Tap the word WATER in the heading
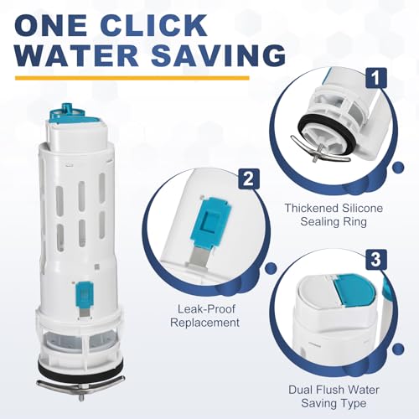76,55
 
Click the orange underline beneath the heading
132,78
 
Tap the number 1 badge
376,78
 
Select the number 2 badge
249,178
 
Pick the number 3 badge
376,260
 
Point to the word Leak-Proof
206,309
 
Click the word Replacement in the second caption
204,323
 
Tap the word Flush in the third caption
337,390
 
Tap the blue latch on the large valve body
84,295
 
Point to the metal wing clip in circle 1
320,149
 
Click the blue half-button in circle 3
354,290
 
